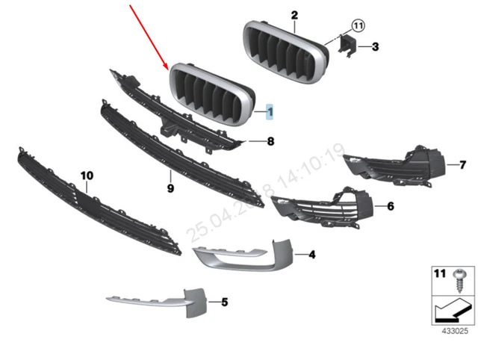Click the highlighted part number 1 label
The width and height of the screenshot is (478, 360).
click(x=270, y=113)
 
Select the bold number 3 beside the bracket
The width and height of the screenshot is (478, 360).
click(x=376, y=46)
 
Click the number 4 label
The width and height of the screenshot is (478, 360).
click(x=311, y=255)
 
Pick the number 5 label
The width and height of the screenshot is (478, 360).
click(x=202, y=302)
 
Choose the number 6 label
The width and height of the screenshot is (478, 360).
click(x=391, y=205)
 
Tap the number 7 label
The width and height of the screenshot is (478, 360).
click(x=453, y=164)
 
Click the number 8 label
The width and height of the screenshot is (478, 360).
click(x=270, y=140)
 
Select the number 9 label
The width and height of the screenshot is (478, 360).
click(x=170, y=188)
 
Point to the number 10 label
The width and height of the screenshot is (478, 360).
click(x=87, y=176)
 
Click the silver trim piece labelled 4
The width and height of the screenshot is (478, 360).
click(x=246, y=254)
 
